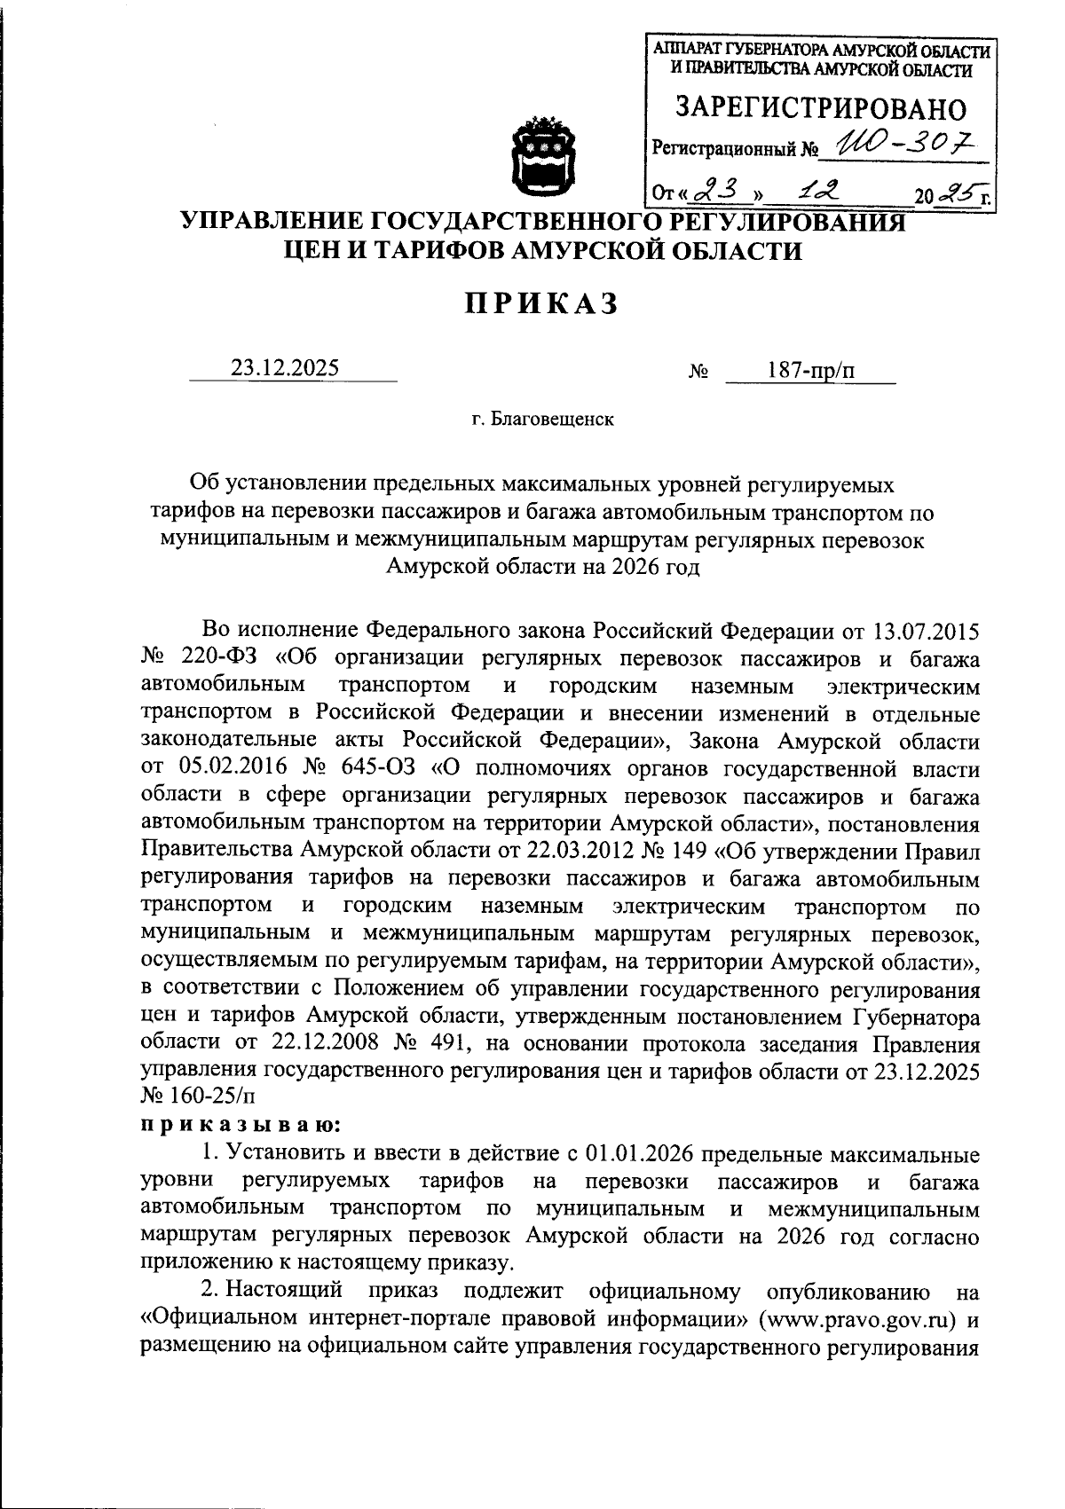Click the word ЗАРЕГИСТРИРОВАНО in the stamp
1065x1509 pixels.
(x=821, y=107)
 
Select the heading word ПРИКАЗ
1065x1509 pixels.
(x=541, y=303)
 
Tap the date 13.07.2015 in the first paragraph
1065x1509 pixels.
(x=927, y=631)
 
